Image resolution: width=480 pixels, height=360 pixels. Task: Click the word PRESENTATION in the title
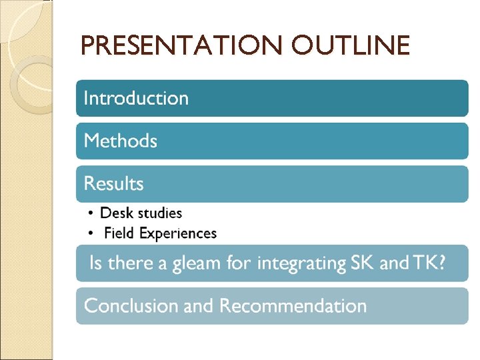(183, 46)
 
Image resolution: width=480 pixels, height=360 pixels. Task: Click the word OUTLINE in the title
(351, 46)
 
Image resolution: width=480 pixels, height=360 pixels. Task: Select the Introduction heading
(136, 99)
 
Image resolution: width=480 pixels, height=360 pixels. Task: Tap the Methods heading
(121, 141)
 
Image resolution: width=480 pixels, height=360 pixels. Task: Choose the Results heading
(114, 183)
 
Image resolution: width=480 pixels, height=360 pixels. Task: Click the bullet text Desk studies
(141, 213)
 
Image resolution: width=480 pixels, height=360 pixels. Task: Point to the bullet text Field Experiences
(160, 233)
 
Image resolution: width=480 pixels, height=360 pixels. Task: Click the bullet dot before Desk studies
(91, 213)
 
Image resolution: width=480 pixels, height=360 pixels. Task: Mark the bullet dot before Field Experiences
(91, 233)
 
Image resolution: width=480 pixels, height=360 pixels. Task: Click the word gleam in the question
(197, 263)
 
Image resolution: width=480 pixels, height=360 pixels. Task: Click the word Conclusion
(131, 306)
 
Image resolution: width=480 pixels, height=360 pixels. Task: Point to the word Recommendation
(293, 306)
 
